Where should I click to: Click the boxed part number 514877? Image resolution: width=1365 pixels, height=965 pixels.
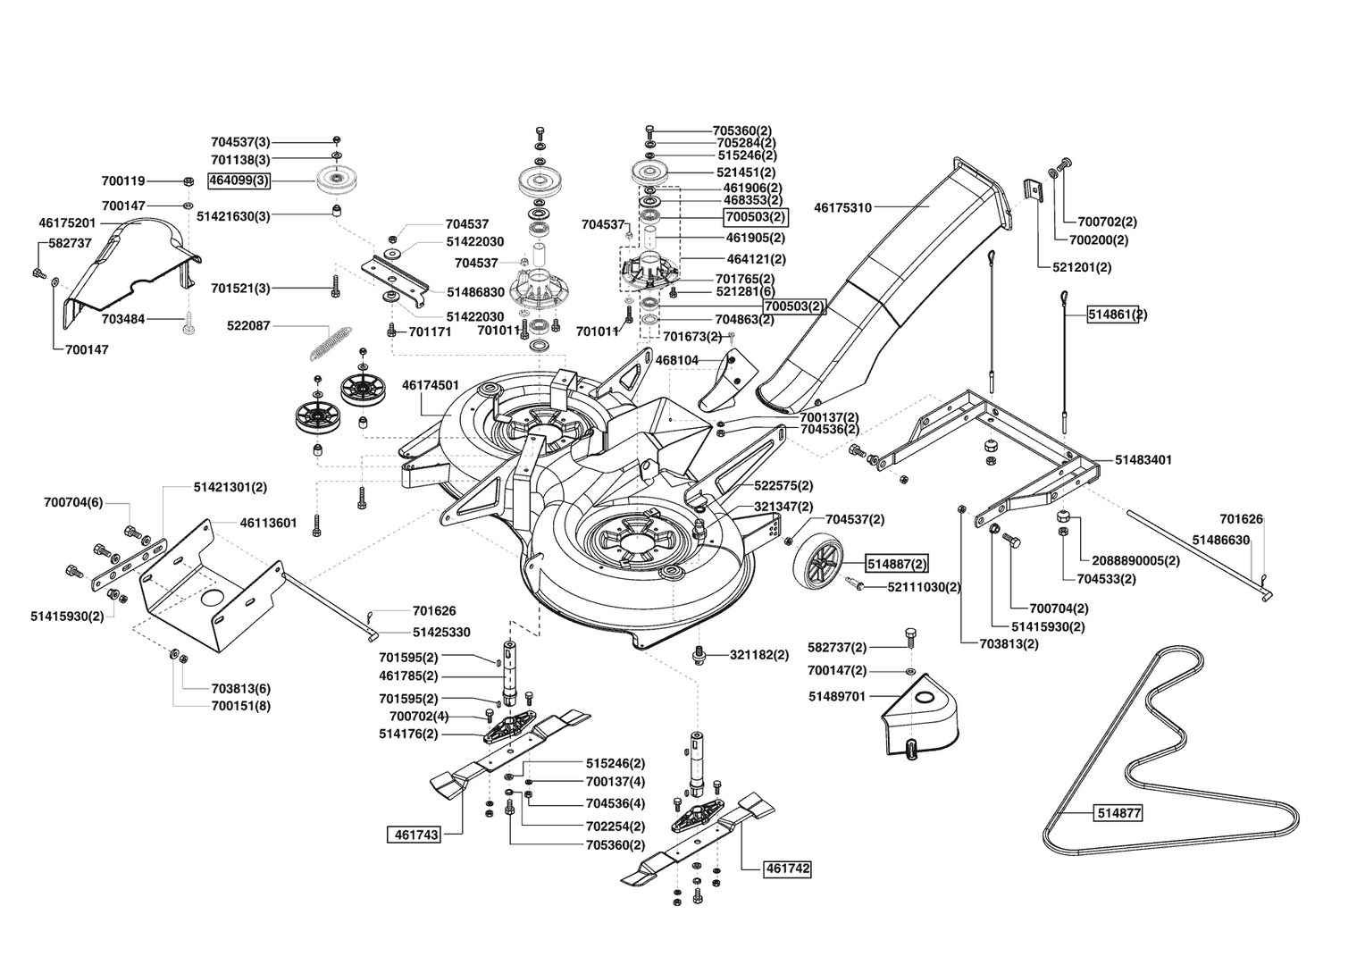1118,813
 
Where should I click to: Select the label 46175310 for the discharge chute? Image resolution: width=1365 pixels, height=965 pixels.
842,208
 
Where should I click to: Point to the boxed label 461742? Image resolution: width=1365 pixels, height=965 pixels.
788,868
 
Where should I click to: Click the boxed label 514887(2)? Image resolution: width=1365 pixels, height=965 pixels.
896,564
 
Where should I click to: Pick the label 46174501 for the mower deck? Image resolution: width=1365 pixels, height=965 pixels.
431,385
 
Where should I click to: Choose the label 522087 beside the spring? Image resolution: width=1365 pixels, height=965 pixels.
248,326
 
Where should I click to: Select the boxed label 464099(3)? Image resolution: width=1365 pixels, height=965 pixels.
239,181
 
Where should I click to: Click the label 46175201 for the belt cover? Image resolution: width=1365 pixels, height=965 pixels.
67,223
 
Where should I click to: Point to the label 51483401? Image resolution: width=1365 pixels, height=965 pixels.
1143,460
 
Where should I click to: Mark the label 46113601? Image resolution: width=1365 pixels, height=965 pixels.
268,523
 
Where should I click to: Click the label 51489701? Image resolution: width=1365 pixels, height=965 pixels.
837,696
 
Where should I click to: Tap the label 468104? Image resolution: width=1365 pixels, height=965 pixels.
676,360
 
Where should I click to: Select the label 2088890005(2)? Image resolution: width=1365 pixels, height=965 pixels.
1136,561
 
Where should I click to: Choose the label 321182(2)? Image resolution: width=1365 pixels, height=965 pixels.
759,655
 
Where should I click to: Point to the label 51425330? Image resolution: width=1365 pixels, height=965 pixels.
441,632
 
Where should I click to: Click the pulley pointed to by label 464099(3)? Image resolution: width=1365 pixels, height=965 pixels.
339,180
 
